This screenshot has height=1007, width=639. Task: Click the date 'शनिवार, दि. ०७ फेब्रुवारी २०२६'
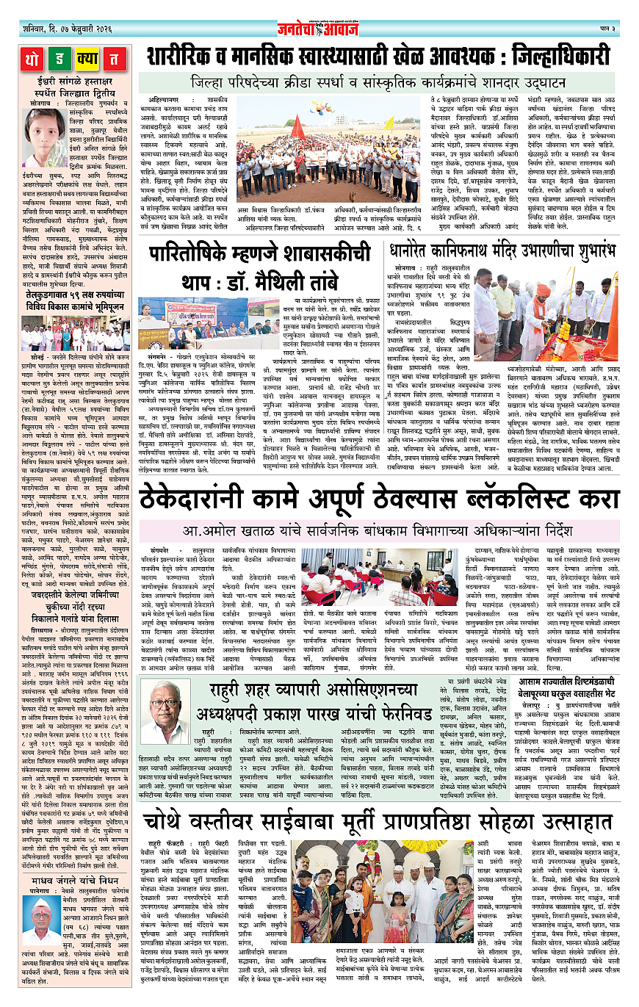(x=66, y=29)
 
